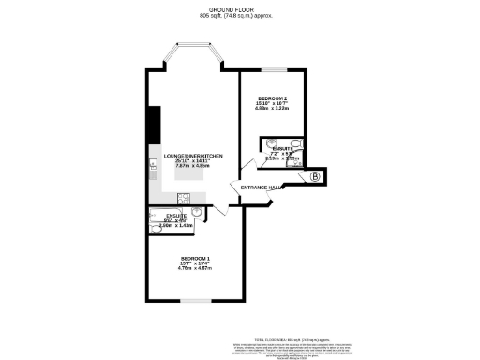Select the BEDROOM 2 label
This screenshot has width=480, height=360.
point(273,98)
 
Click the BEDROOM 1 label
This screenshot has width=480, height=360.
point(196,258)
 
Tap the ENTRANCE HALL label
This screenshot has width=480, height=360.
point(262,188)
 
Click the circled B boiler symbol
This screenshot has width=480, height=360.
point(315,176)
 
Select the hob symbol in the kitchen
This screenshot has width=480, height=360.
point(184,198)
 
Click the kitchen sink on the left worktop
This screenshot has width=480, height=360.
point(151,169)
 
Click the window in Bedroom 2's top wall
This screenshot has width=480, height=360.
point(273,69)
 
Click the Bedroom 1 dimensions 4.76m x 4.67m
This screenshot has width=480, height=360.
point(196,269)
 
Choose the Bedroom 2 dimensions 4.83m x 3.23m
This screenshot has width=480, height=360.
point(273,109)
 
